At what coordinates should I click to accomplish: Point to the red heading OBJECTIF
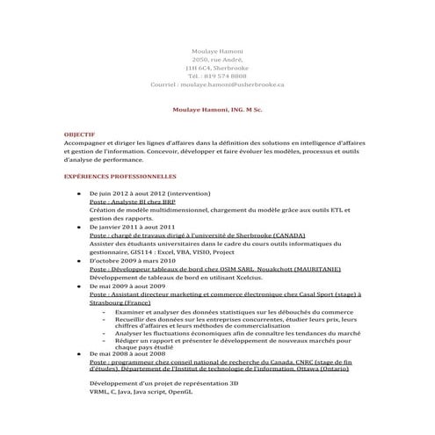pyautogui.click(x=79, y=134)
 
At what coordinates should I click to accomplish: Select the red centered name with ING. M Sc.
pyautogui.click(x=217, y=111)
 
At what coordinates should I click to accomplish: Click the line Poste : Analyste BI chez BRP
pyautogui.click(x=133, y=201)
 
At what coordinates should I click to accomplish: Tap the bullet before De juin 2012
pyautogui.click(x=81, y=192)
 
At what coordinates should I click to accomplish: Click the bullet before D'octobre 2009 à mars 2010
pyautogui.click(x=81, y=261)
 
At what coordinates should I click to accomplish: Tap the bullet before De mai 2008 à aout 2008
pyautogui.click(x=81, y=353)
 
